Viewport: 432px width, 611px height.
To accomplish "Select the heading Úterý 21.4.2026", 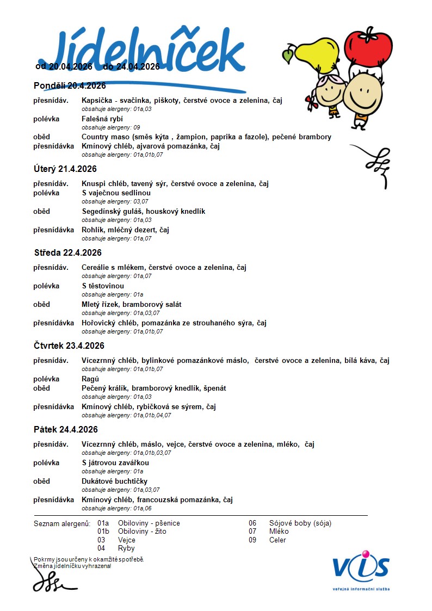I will click(65, 169).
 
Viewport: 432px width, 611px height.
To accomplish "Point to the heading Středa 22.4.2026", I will click(67, 253).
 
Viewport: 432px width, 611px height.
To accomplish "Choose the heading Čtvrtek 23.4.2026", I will click(69, 346).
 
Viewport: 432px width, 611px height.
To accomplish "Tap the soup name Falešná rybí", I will click(102, 119).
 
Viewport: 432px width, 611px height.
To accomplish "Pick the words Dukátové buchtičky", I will click(115, 482).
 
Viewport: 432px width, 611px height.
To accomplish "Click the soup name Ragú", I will click(90, 379).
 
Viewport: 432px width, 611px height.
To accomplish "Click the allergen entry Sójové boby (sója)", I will click(300, 523).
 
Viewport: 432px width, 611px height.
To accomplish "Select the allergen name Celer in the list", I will click(277, 540).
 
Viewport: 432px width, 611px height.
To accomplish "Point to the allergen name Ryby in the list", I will click(126, 548).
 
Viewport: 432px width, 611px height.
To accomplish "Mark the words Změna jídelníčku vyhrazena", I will click(72, 566).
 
